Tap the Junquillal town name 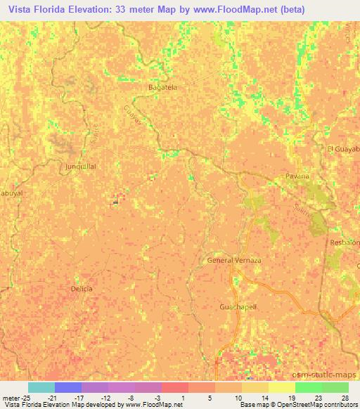point(80,167)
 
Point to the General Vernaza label point(234,260)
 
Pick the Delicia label point(82,288)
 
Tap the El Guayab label point(343,149)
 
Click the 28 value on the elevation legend point(345,397)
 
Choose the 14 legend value point(263,397)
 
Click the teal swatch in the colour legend point(41,387)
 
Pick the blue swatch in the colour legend point(67,387)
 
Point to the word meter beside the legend point(9,397)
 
